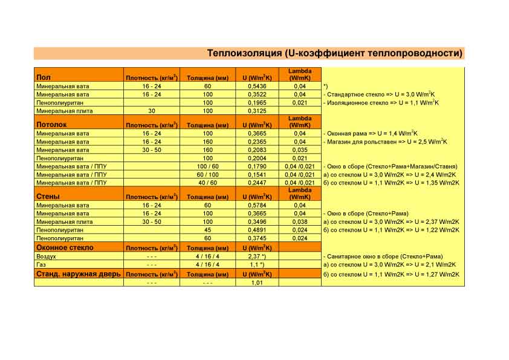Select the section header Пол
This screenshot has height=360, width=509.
[44, 77]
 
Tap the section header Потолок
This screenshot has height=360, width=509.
[51, 125]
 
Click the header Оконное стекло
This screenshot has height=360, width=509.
[65, 247]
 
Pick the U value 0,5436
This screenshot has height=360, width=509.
[257, 86]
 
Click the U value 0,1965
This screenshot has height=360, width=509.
[257, 103]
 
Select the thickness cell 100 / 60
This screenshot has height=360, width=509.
[207, 166]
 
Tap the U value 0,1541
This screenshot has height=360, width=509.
[257, 174]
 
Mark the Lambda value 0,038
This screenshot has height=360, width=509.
[299, 221]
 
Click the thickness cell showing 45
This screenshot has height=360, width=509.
[207, 230]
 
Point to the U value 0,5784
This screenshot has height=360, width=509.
[257, 205]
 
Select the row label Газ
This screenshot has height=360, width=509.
[42, 264]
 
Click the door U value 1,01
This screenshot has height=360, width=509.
[257, 283]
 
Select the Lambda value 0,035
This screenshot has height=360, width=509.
[299, 149]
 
